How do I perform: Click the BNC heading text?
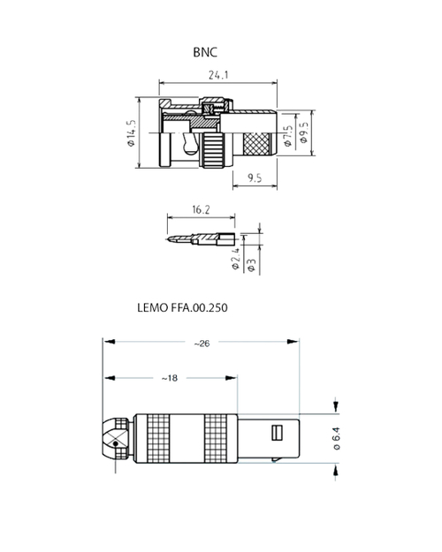tap(205, 52)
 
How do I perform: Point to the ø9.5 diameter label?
tap(303, 133)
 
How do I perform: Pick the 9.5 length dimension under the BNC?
tap(255, 178)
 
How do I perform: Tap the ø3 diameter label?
tap(252, 265)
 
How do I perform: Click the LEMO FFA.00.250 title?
tap(184, 310)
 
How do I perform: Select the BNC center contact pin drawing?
tap(202, 238)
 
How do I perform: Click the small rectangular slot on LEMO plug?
tap(275, 434)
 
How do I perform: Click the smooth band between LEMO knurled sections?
tap(189, 438)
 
